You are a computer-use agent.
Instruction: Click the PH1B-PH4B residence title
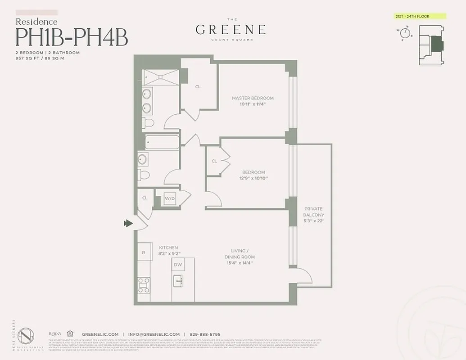(x=72, y=37)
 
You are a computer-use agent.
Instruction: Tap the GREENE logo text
(x=230, y=30)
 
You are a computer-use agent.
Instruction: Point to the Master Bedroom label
(x=253, y=98)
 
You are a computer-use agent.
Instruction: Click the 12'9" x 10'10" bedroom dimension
(x=254, y=178)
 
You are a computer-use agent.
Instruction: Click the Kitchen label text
(x=168, y=247)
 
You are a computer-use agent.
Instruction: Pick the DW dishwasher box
(x=178, y=265)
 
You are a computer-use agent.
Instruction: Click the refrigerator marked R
(x=144, y=252)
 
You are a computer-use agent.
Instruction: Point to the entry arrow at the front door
(x=128, y=223)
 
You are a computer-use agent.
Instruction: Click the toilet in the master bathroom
(x=148, y=122)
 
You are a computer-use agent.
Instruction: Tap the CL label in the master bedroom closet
(x=198, y=87)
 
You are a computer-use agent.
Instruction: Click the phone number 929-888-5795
(x=204, y=334)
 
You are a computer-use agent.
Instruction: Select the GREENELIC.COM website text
(x=100, y=334)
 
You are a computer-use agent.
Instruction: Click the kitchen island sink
(x=178, y=282)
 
